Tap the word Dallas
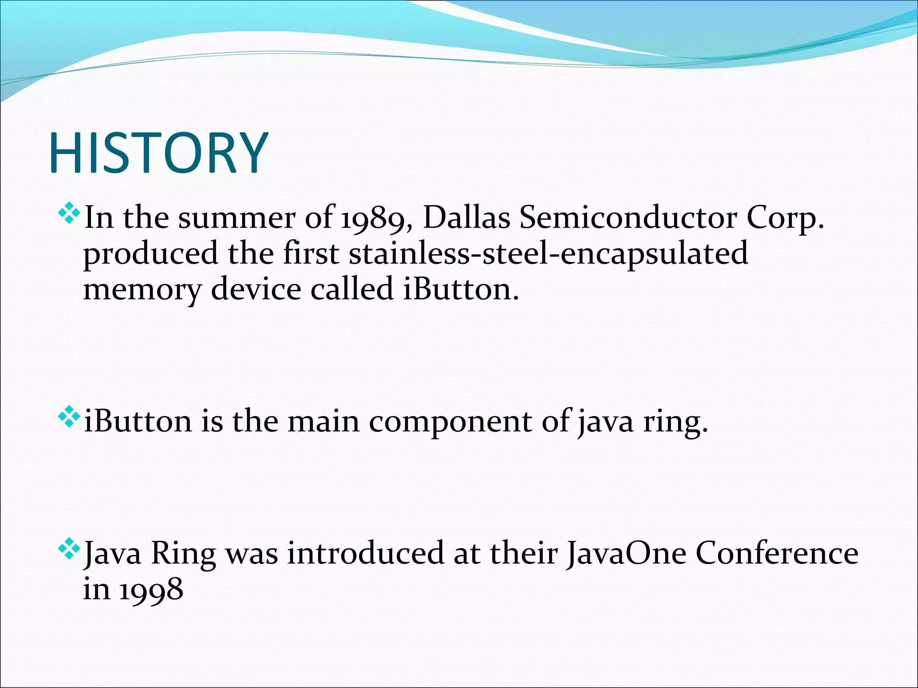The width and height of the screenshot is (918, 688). [466, 218]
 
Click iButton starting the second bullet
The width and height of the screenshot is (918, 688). [138, 421]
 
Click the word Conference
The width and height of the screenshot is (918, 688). [777, 554]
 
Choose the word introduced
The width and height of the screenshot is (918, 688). [366, 554]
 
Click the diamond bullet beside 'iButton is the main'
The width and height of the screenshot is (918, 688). [69, 417]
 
